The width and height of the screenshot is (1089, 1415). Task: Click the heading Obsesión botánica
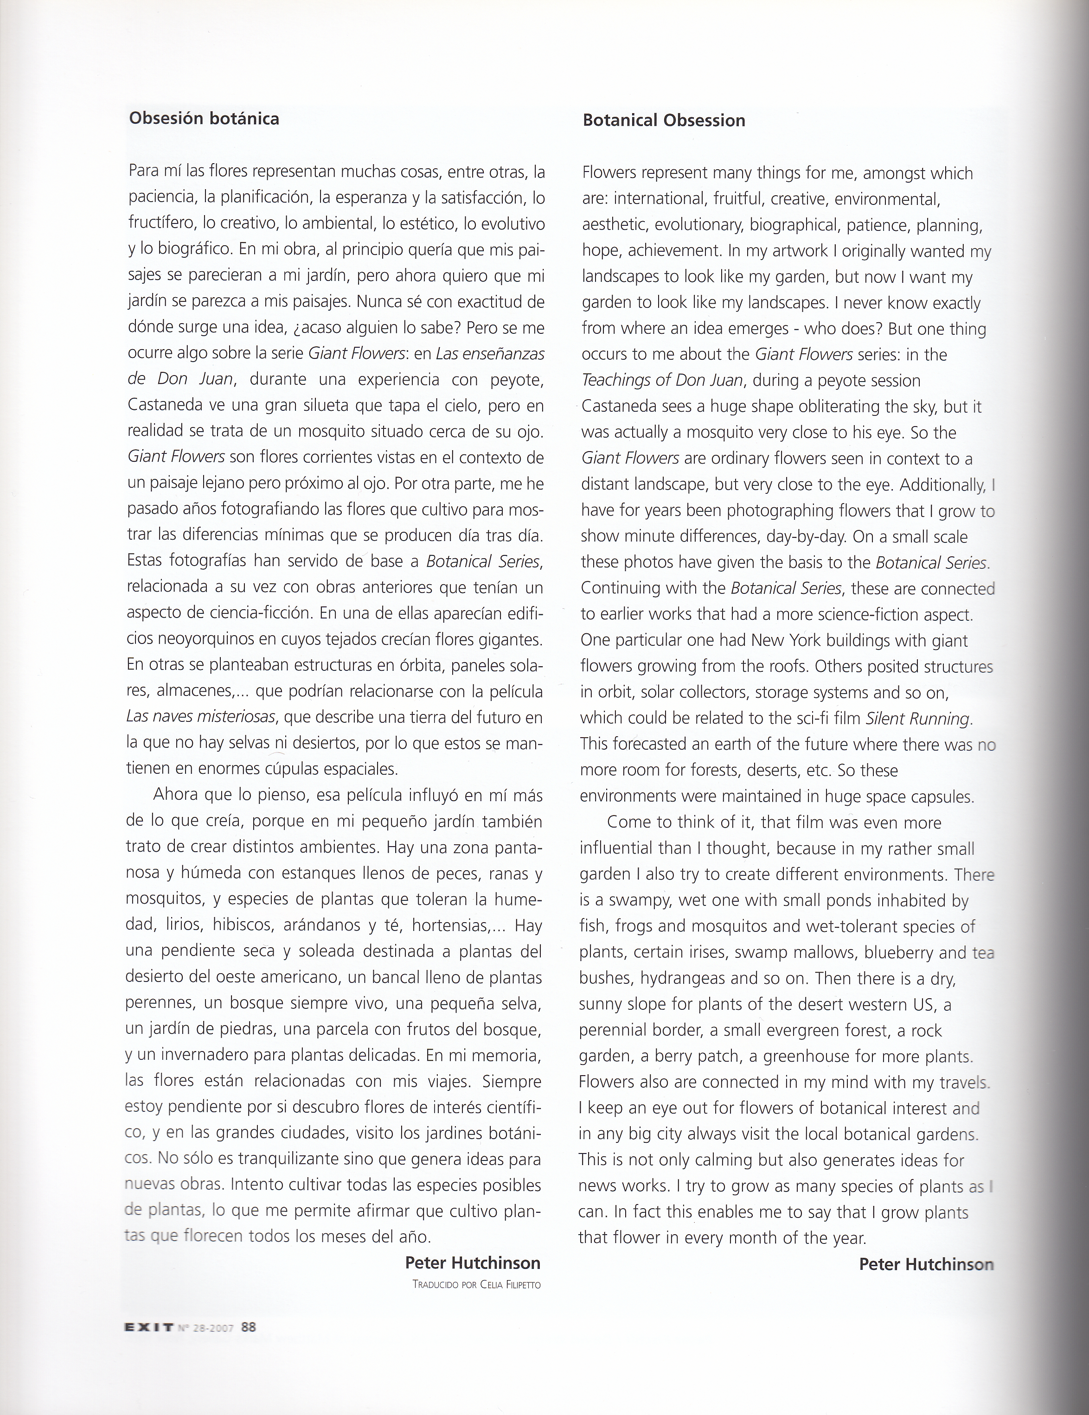(204, 119)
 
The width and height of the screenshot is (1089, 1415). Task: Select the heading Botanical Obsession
(664, 121)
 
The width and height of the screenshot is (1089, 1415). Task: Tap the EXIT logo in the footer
(148, 1326)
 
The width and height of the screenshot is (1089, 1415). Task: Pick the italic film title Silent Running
(918, 719)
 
